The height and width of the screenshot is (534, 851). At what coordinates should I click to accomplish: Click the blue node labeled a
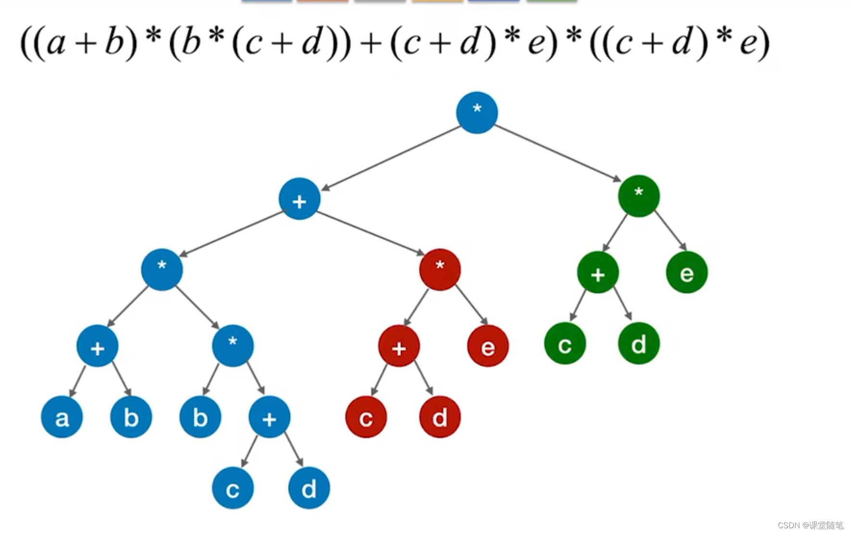pos(62,417)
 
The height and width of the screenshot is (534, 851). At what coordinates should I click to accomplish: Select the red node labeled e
pos(488,346)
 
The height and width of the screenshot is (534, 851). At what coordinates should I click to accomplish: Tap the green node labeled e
pos(687,272)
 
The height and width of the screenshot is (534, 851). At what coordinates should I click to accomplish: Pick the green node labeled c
pos(565,343)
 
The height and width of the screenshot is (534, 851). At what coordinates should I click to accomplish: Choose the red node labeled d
pos(440,417)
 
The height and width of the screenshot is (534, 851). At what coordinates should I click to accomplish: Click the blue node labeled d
pos(309,488)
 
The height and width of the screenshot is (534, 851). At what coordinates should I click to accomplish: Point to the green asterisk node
pos(639,196)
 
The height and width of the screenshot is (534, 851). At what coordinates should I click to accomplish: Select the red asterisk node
pos(440,270)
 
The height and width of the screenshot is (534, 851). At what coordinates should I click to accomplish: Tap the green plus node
pos(598,272)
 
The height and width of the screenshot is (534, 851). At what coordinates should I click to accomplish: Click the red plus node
pos(399,346)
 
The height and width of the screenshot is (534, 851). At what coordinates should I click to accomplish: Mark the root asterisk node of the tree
pos(477,112)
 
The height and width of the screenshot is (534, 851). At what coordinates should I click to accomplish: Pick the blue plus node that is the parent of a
pos(98,346)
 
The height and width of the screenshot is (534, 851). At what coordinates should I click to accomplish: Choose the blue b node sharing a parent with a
pos(131,417)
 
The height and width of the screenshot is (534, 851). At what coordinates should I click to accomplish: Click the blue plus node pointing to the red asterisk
pos(300,199)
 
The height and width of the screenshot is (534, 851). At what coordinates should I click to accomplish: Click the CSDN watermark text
pos(811,525)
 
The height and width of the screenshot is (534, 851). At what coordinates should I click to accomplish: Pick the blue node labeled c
pos(233,488)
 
